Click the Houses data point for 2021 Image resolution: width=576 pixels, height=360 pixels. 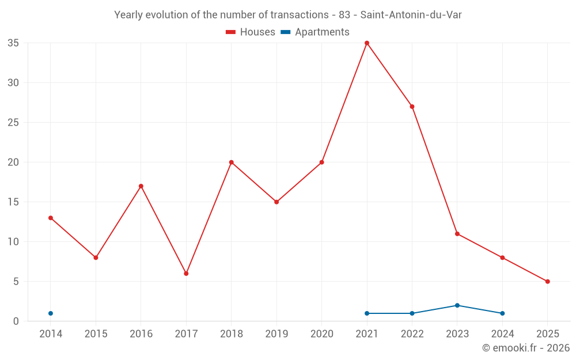[x=367, y=43]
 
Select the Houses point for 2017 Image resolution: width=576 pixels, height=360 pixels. [x=186, y=274]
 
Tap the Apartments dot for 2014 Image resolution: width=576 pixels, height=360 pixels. [x=51, y=313]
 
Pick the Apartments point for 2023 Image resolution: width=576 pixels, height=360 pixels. [x=457, y=305]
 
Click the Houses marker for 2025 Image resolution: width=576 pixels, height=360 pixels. [x=547, y=282]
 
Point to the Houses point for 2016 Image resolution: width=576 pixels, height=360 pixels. [x=141, y=186]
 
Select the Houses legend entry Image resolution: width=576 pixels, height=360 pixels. [x=251, y=32]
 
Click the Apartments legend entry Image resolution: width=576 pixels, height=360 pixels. [x=315, y=32]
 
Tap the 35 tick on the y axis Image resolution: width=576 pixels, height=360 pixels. [x=13, y=43]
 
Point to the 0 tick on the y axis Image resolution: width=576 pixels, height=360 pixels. [x=16, y=321]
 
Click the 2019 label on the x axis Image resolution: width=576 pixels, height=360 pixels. [x=276, y=334]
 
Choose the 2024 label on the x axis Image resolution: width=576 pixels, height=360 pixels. [x=502, y=334]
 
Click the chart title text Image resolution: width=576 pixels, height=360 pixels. [x=288, y=15]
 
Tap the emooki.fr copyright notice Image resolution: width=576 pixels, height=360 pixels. [x=525, y=348]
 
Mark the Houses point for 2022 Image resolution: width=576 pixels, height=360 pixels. [x=412, y=107]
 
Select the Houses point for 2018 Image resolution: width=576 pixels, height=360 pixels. [x=232, y=162]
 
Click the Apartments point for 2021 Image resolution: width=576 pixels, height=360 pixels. [x=367, y=313]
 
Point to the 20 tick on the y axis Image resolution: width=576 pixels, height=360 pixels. [x=13, y=162]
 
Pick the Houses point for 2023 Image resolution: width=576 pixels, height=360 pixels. [x=457, y=234]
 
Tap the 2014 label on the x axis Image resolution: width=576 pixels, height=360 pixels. [x=51, y=334]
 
